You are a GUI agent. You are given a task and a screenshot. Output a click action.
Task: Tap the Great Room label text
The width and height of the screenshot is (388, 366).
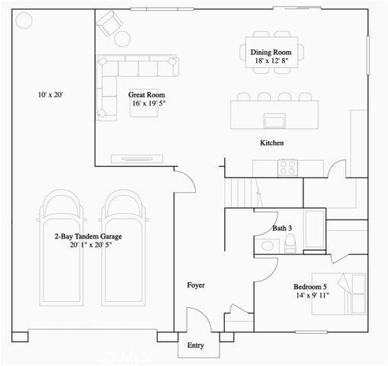point(147,95)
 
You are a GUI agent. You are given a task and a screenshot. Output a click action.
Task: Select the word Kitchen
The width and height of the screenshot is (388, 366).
point(272,143)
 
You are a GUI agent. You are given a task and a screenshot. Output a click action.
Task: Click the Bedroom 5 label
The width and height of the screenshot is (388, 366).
point(311,287)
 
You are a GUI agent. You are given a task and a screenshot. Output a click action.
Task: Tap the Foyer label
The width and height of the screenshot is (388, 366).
point(197,285)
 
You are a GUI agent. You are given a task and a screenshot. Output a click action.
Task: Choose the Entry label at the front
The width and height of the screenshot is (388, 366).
point(196,345)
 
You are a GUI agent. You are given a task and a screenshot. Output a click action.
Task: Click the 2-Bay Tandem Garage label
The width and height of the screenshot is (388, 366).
point(88,237)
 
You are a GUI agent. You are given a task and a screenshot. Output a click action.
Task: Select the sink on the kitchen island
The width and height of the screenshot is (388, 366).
point(272,119)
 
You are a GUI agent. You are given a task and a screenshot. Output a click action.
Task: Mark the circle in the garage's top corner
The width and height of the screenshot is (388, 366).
point(23,21)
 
